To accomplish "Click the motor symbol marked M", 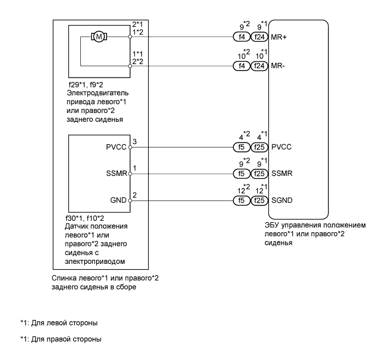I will [x=99, y=37].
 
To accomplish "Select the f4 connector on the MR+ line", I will [x=241, y=37].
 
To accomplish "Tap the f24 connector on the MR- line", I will [x=259, y=66].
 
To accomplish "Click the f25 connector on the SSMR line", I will [x=259, y=173].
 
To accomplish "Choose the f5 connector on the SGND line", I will [x=241, y=200].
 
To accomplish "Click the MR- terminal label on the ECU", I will [x=278, y=66].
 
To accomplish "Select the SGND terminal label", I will [x=281, y=200].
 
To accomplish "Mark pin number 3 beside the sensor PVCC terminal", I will [x=134, y=141].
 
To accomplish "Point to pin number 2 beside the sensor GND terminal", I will [x=134, y=195].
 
